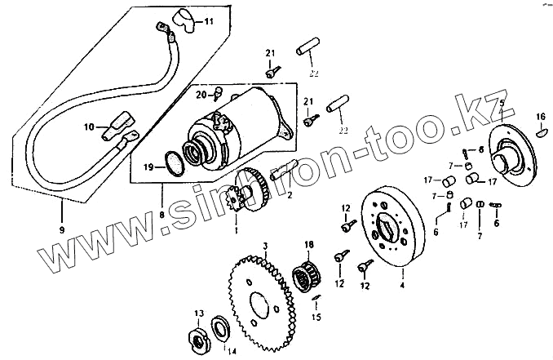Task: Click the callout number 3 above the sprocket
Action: [x=264, y=245]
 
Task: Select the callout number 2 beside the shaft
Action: [x=290, y=196]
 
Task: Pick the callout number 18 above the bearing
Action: [x=309, y=245]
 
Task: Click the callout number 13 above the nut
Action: [x=198, y=313]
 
